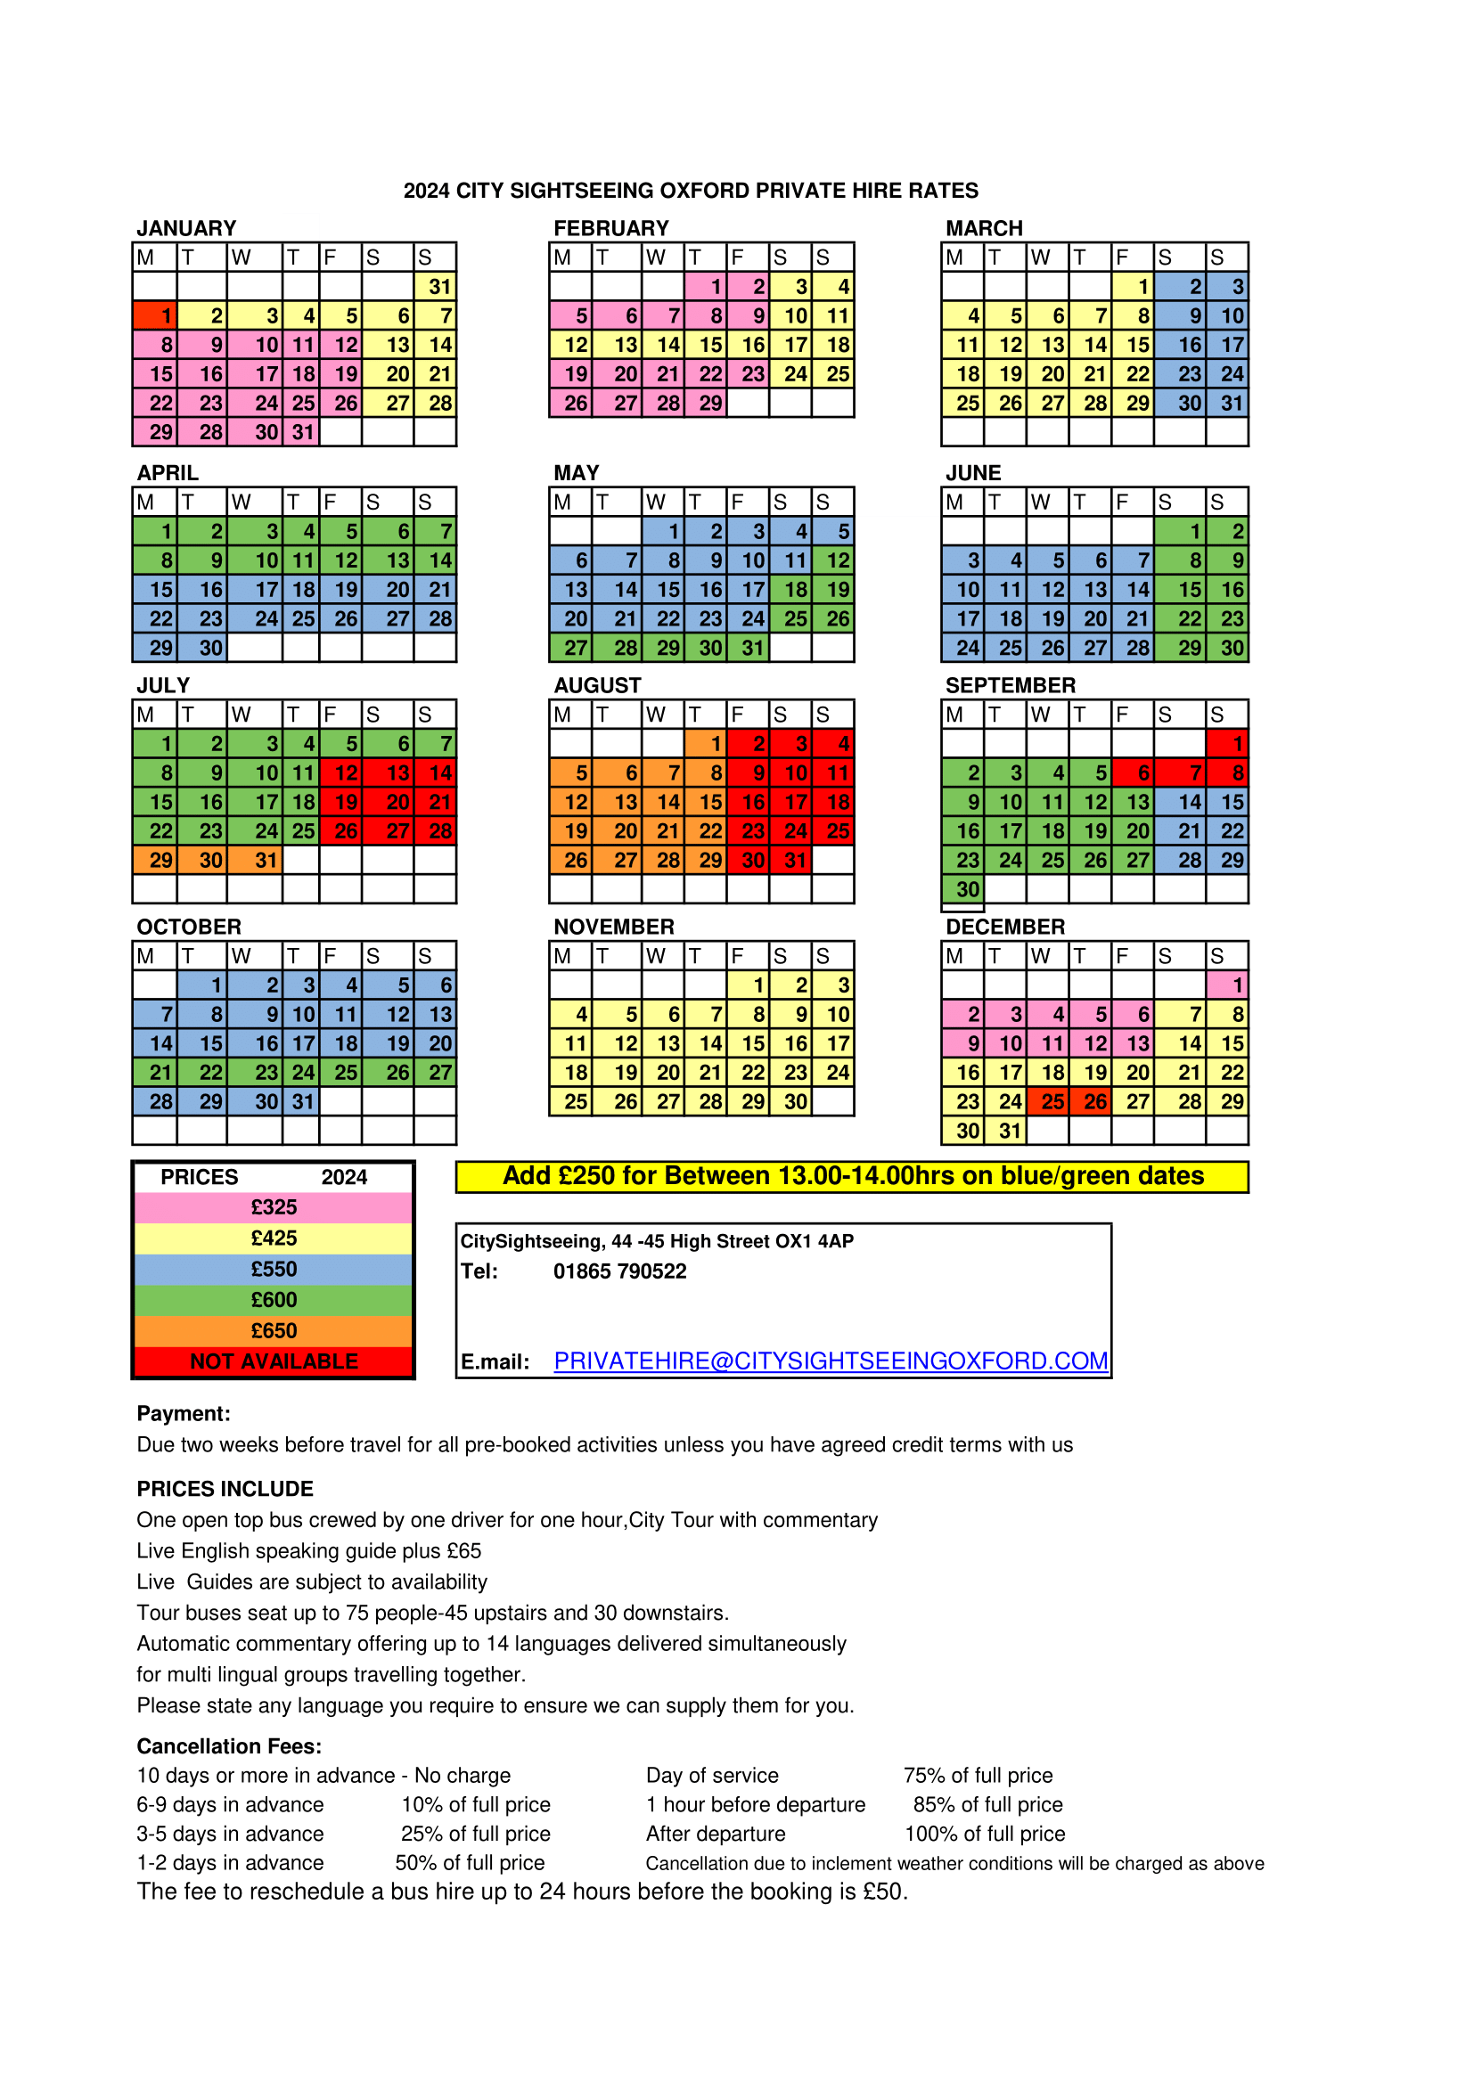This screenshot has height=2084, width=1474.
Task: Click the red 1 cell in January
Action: coord(154,316)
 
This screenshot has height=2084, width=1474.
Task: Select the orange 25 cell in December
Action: coord(1047,1101)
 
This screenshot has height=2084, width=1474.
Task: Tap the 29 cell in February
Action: coord(705,403)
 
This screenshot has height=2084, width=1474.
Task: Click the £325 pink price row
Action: coord(274,1207)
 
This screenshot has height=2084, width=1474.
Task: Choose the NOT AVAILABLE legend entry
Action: coord(274,1361)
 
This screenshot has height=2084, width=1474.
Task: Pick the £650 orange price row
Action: coord(274,1330)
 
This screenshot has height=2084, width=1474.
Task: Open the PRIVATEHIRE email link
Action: coord(831,1361)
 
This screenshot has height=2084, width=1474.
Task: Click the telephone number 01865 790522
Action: coord(620,1271)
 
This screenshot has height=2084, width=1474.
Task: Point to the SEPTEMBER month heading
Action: coord(1011,685)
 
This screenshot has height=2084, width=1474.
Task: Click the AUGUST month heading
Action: coord(597,685)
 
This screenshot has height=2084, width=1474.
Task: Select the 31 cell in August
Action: coord(790,860)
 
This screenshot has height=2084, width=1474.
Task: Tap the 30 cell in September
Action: coord(962,889)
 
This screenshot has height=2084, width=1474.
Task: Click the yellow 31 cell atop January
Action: coord(435,287)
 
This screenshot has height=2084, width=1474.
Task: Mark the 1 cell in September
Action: coord(1227,744)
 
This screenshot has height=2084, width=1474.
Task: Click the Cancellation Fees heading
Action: coord(229,1746)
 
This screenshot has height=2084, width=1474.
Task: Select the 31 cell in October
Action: coord(300,1102)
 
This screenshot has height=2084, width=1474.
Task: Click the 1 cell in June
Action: coord(1180,532)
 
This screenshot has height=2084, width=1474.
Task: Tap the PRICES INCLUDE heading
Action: coord(225,1489)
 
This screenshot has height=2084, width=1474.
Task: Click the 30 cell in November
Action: coord(790,1102)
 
